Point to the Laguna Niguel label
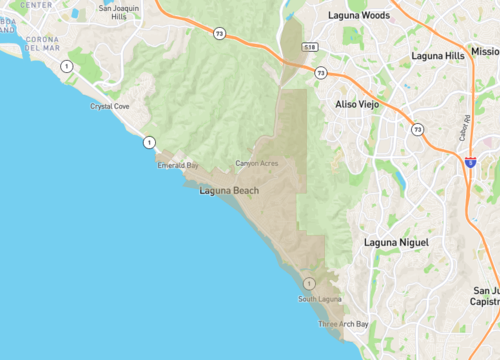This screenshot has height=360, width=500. (x=396, y=243)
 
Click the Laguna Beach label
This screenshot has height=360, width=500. (x=230, y=190)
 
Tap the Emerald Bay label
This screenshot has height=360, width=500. (x=178, y=166)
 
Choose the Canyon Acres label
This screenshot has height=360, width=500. (x=257, y=163)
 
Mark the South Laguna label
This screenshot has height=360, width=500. (x=321, y=299)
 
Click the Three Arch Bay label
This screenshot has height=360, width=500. (x=343, y=324)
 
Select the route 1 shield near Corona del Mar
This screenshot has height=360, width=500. (x=66, y=66)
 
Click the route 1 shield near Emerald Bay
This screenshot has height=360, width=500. (x=148, y=141)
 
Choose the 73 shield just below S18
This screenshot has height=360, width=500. (x=320, y=73)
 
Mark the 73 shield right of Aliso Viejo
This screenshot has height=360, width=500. (x=417, y=128)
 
